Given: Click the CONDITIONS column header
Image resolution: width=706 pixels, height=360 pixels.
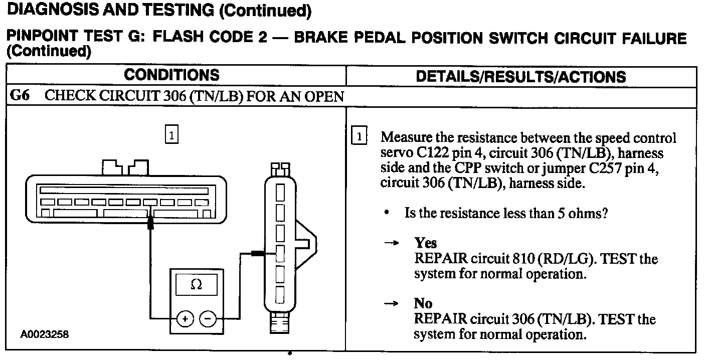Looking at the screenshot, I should coord(171,75).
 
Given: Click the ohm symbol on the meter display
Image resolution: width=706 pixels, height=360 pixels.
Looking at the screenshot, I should coord(197,285).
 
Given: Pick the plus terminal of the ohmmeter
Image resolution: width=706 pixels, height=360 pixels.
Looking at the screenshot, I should coord(186,319).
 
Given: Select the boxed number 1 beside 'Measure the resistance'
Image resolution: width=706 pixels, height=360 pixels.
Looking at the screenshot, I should coord(360,136).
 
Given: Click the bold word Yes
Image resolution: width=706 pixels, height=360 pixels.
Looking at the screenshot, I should coord(426,243).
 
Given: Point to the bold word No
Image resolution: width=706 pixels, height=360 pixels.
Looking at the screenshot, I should coord(423,303).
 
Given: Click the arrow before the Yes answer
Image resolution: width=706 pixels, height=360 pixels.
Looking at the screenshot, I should coord(391,244).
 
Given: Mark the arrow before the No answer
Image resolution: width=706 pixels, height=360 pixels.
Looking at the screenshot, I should coord(391,304).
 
